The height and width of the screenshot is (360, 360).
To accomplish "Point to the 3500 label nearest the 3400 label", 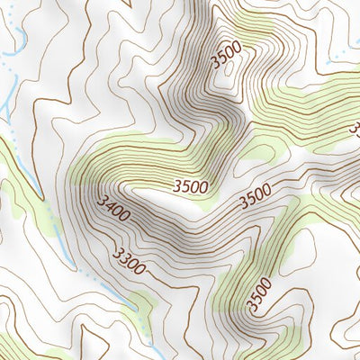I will pyautogui.click(x=191, y=187).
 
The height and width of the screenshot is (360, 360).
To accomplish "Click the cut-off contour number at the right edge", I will pyautogui.click(x=355, y=130).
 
